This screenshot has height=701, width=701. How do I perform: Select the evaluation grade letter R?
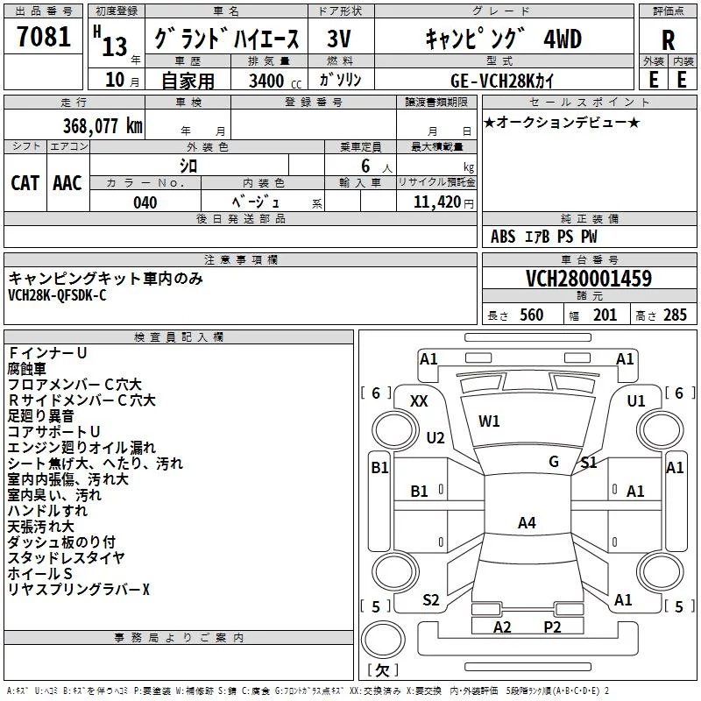[x=669, y=40]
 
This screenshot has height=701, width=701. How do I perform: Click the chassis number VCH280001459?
[x=588, y=280]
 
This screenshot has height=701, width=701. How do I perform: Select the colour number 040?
[x=145, y=202]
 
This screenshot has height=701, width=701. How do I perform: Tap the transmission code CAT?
[x=25, y=183]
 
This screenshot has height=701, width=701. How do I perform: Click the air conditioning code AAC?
[x=67, y=183]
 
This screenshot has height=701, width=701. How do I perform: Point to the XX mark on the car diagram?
[x=419, y=400]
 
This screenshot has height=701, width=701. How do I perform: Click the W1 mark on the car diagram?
[x=489, y=421]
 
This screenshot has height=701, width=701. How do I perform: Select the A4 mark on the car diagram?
[x=527, y=523]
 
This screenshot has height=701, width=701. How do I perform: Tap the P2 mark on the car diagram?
[x=552, y=627]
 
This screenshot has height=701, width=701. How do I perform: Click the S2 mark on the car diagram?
[x=430, y=600]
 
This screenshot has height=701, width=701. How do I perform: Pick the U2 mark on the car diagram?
[x=435, y=437]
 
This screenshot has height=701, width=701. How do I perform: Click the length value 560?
[x=532, y=315]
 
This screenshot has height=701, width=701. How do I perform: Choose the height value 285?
[x=675, y=315]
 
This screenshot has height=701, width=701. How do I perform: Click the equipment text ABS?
[x=504, y=237]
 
